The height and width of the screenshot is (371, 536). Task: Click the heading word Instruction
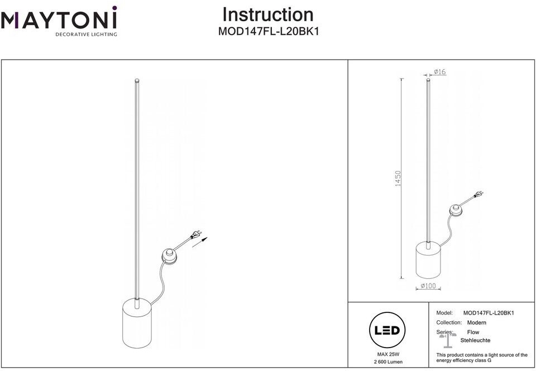268,14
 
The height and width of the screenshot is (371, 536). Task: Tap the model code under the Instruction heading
268,32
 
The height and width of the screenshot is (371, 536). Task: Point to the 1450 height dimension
398,179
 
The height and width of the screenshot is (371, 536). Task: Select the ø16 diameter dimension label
439,72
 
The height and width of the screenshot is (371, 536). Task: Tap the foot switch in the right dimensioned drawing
457,210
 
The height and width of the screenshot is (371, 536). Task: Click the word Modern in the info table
476,322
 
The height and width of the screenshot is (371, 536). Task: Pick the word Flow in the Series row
473,332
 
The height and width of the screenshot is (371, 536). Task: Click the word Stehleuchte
475,340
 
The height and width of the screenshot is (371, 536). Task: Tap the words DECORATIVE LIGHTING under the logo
85,34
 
